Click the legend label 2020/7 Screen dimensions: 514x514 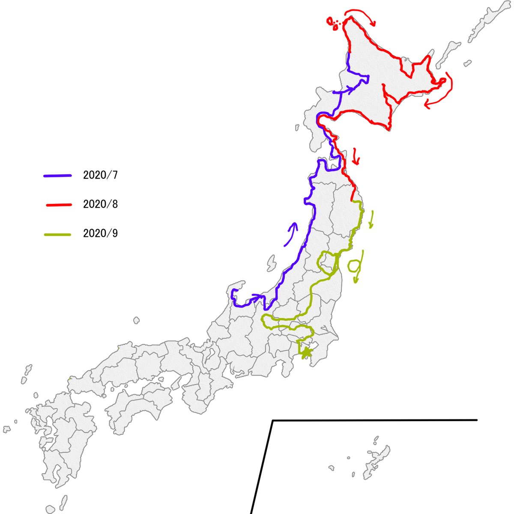(x=100, y=175)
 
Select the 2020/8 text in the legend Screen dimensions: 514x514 (x=100, y=204)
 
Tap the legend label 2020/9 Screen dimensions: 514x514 (x=100, y=233)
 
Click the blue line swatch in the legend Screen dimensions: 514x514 (x=57, y=175)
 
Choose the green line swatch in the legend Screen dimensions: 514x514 (x=57, y=234)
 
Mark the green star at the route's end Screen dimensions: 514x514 (x=306, y=353)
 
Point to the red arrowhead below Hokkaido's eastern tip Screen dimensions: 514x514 (x=427, y=104)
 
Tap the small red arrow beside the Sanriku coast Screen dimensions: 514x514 (x=356, y=157)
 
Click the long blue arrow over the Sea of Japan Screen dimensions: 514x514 (x=291, y=234)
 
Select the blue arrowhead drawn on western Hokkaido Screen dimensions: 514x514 (x=350, y=90)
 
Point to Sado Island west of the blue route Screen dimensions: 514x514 (x=271, y=263)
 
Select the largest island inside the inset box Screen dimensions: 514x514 (x=377, y=463)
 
